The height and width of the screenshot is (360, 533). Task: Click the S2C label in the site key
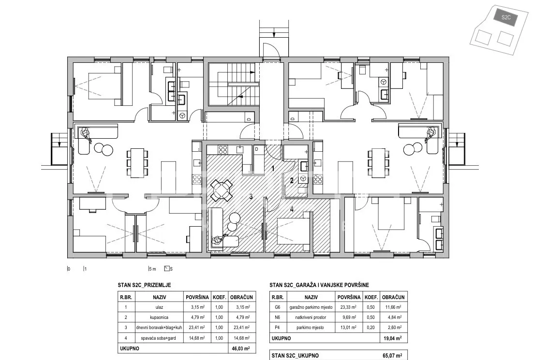pos(506,17)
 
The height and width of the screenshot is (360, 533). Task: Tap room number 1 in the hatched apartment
pos(273,169)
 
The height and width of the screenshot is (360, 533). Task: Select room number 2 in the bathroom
pos(292,181)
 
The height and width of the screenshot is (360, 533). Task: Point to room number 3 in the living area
pos(251,196)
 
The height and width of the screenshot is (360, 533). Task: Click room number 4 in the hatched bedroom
pos(292,209)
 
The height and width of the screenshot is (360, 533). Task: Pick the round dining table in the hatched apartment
pos(222,190)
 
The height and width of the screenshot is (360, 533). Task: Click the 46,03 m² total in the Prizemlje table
pos(241,348)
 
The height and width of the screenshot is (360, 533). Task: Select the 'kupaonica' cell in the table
pos(160,317)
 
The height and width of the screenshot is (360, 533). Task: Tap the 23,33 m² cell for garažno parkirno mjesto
pos(349,307)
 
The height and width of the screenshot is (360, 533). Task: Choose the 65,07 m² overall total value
pos(392,356)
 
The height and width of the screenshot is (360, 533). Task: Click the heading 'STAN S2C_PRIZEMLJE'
pos(145,285)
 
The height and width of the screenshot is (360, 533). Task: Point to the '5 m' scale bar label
pos(152,269)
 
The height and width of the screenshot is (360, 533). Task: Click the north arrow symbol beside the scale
pos(167,269)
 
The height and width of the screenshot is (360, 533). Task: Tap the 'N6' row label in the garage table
pos(277,317)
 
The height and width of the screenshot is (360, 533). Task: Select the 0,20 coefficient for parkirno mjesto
pos(371,328)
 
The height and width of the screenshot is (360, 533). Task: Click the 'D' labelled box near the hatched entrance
pos(257,149)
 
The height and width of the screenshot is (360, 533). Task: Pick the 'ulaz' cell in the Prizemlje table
pos(160,307)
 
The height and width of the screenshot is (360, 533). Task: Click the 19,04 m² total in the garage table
pos(392,338)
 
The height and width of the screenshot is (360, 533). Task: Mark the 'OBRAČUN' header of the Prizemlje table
pos(241,297)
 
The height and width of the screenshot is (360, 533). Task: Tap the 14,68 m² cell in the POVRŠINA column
pos(197,338)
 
